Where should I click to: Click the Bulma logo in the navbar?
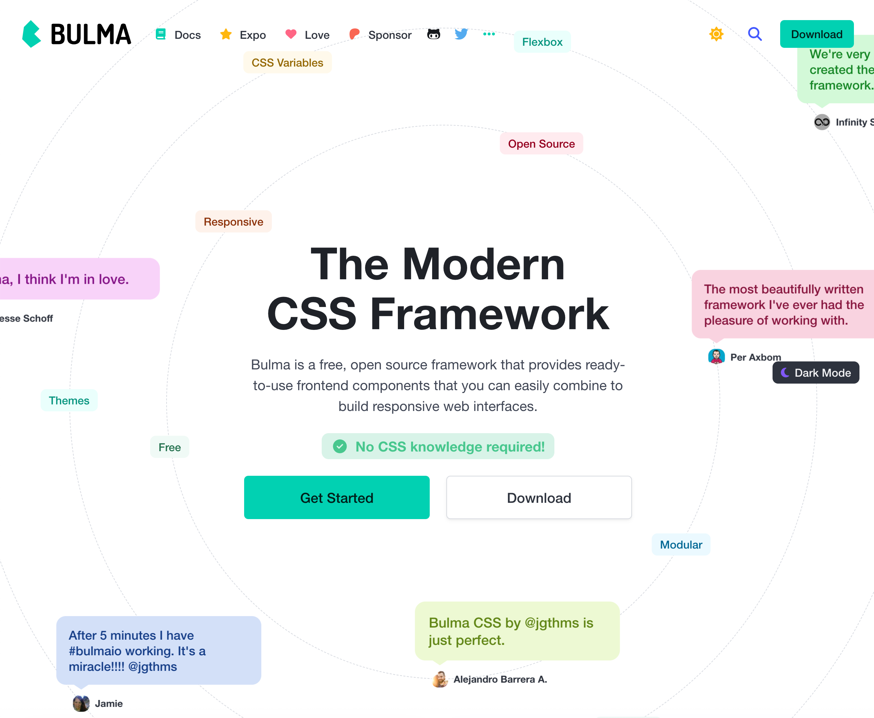pyautogui.click(x=77, y=34)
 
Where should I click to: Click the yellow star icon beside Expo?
pyautogui.click(x=226, y=34)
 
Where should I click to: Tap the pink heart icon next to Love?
pyautogui.click(x=291, y=34)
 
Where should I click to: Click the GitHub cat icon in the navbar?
pyautogui.click(x=434, y=34)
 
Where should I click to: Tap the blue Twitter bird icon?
pyautogui.click(x=461, y=34)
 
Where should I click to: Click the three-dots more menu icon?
pyautogui.click(x=489, y=34)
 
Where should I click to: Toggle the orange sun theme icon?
pyautogui.click(x=716, y=34)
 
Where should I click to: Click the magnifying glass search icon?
pyautogui.click(x=755, y=34)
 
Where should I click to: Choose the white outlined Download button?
pyautogui.click(x=539, y=498)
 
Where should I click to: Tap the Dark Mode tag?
pyautogui.click(x=815, y=373)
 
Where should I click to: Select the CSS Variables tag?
pyautogui.click(x=287, y=62)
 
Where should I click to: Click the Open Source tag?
pyautogui.click(x=541, y=143)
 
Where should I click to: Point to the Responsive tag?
pyautogui.click(x=233, y=222)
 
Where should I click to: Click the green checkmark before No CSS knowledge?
pyautogui.click(x=340, y=446)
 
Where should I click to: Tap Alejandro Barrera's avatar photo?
pyautogui.click(x=440, y=679)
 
